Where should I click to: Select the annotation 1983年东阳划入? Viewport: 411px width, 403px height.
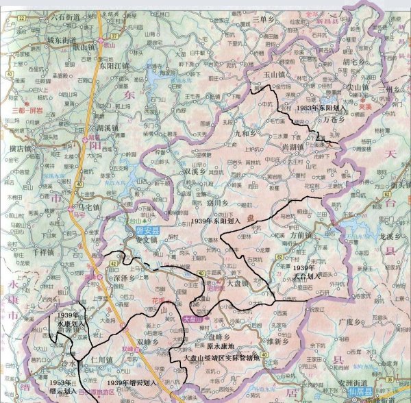[x=323, y=108]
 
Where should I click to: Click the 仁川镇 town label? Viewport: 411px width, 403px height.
[x=99, y=359]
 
